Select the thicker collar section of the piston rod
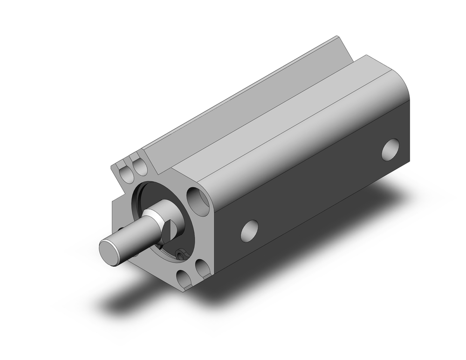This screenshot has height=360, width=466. click(x=156, y=219)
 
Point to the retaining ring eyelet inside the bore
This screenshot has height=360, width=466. click(x=181, y=253)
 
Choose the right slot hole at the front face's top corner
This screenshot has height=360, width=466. click(x=138, y=166)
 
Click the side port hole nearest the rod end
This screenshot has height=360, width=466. click(x=250, y=230)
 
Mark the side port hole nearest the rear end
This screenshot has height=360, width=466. click(x=391, y=149)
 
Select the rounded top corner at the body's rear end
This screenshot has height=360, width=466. click(x=396, y=79)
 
